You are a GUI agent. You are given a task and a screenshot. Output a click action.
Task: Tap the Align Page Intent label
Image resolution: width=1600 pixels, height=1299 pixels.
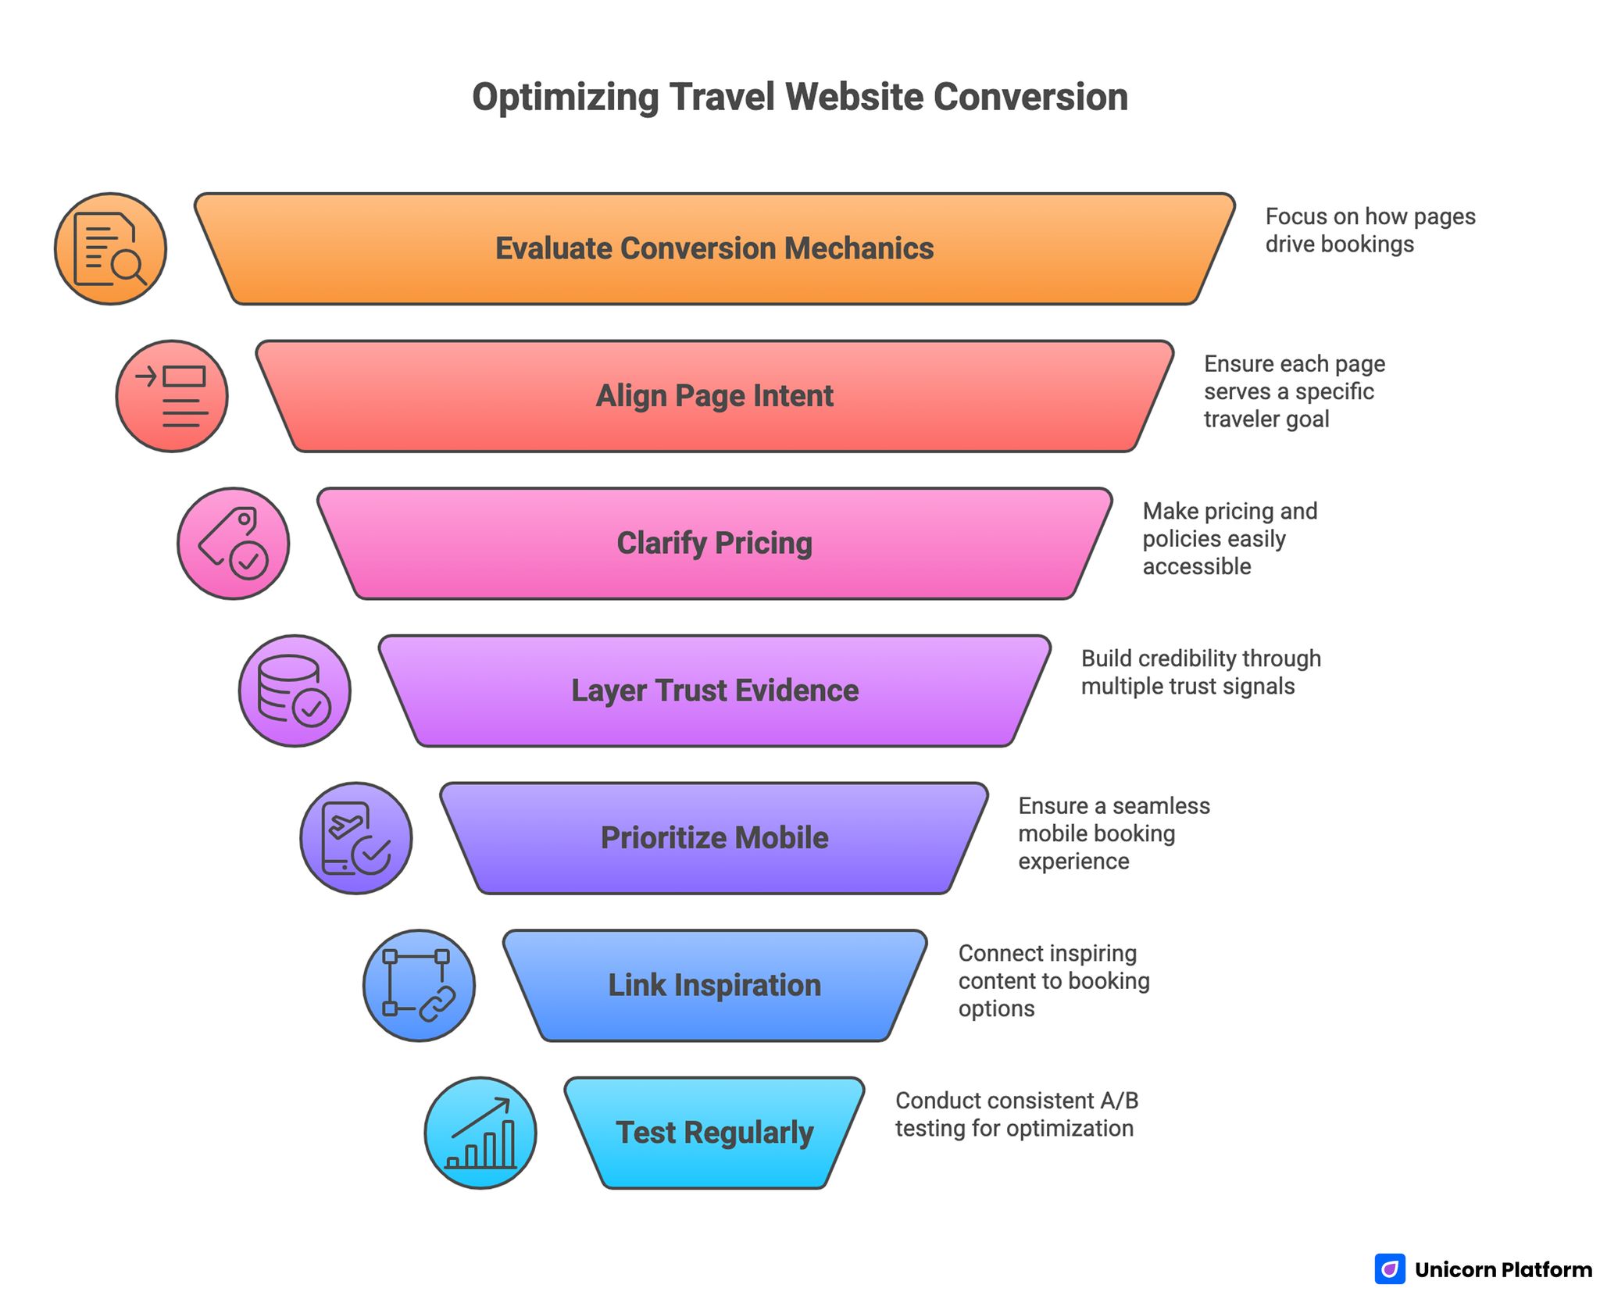click(714, 396)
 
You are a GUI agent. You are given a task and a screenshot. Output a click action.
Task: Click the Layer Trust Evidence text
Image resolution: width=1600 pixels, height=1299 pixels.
click(714, 691)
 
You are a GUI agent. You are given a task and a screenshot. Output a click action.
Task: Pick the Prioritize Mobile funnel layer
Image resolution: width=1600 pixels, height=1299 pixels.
click(714, 837)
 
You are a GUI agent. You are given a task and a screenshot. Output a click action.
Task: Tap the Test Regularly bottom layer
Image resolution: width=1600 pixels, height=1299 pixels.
click(714, 1133)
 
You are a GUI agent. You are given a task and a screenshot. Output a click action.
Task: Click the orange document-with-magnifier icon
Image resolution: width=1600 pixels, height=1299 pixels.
click(110, 248)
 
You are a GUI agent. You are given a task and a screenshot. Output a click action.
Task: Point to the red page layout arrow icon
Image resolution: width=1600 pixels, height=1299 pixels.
click(172, 396)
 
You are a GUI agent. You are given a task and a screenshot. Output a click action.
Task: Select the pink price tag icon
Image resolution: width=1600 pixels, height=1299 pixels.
click(233, 544)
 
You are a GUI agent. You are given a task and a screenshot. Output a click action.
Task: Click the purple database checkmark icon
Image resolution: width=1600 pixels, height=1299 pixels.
click(295, 691)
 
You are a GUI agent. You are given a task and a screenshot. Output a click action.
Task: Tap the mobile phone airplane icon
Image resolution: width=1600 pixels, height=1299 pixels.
click(356, 838)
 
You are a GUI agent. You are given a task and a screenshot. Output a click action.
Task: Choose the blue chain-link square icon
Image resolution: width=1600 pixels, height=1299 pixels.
click(419, 985)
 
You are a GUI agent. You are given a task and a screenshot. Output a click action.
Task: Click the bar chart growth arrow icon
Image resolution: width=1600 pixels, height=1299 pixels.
click(480, 1133)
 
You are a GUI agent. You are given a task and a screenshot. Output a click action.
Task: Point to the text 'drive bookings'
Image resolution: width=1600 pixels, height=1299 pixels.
click(1339, 244)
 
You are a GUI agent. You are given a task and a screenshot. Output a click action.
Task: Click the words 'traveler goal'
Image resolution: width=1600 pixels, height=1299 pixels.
click(1266, 419)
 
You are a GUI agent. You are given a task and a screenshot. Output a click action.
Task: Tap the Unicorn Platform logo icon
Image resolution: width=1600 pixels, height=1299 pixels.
click(1389, 1269)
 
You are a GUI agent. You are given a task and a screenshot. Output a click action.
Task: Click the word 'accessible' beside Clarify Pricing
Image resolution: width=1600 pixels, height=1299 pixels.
click(1196, 566)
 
